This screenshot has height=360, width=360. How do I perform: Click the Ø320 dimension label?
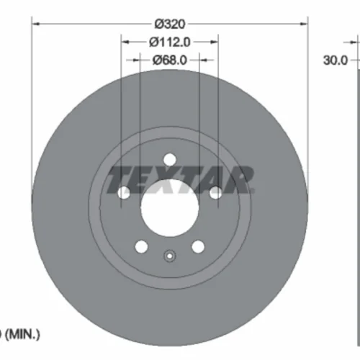(170, 24)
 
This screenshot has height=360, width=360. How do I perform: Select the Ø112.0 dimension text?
(170, 42)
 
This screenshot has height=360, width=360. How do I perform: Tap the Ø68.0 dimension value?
(170, 60)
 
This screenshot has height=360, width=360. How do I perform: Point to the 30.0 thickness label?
(336, 60)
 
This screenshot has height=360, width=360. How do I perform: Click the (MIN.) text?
(22, 334)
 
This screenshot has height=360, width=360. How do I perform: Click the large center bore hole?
(170, 208)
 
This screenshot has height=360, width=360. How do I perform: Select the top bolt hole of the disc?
(170, 160)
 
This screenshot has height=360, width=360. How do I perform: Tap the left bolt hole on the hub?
(124, 193)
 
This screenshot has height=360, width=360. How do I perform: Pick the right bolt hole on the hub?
(215, 193)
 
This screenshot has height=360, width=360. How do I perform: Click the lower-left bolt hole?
(141, 246)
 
